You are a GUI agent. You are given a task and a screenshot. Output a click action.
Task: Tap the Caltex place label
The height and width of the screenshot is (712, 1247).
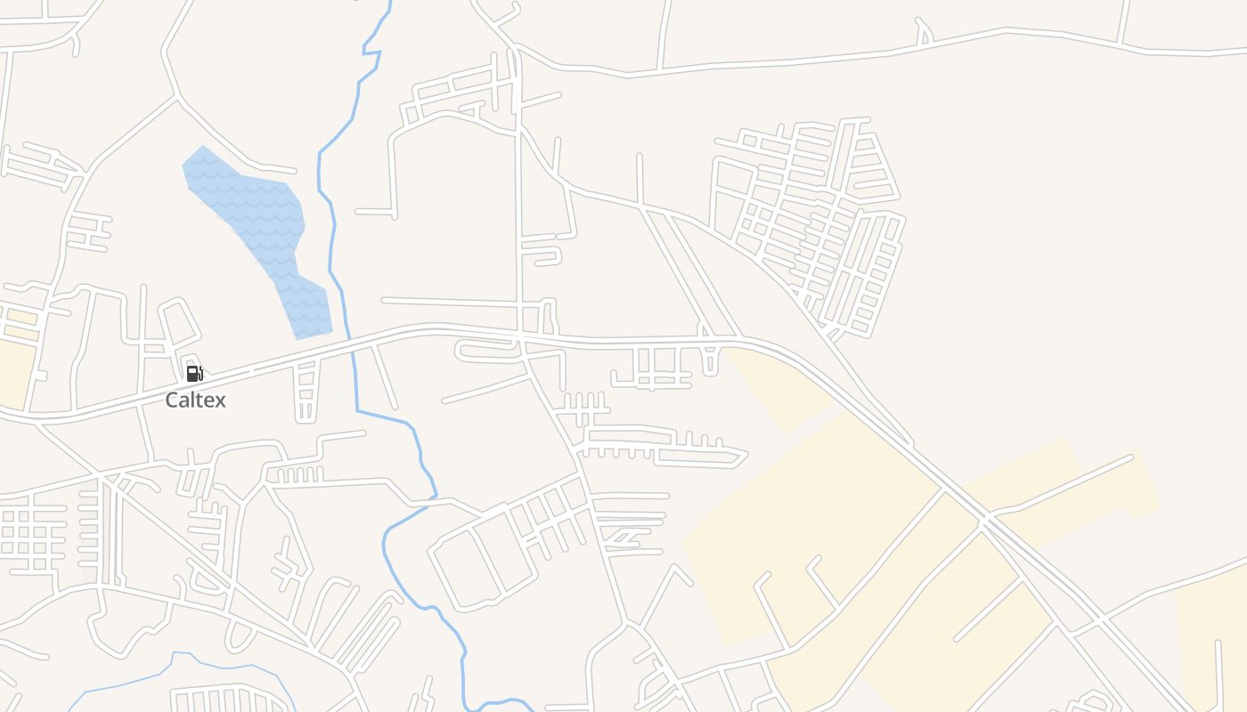195,400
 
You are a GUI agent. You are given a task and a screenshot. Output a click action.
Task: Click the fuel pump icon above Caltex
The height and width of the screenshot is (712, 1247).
194,373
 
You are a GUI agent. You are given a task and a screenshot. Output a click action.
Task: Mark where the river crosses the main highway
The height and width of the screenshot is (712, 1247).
350,340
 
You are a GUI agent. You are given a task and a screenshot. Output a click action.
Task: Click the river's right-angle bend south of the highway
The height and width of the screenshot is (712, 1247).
358,410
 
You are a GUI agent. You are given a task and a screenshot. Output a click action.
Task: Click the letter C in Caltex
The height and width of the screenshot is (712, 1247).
173,400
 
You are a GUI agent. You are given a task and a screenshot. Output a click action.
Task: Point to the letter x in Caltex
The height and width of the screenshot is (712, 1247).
220,400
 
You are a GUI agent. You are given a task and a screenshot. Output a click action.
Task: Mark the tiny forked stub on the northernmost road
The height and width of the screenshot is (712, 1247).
924,34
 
